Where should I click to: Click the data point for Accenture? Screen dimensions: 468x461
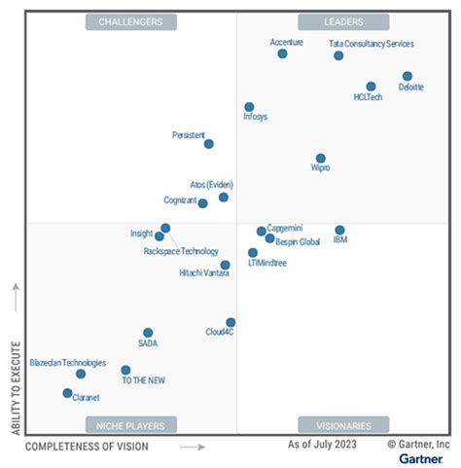pos(282,54)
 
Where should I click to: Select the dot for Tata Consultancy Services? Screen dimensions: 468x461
pos(338,55)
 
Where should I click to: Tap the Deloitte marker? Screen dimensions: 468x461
pos(407,76)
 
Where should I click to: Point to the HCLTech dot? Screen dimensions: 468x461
pos(371,87)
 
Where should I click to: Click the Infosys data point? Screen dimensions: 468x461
pos(249,107)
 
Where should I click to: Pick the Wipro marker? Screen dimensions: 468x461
pos(320,158)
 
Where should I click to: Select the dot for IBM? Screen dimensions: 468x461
pos(339,231)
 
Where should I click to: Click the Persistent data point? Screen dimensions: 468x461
pos(208,144)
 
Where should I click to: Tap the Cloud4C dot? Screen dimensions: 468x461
pos(230,322)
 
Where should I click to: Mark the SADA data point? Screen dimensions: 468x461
pos(148,333)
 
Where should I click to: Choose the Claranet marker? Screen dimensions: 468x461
pos(67,393)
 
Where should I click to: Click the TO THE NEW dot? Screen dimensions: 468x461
pos(125,370)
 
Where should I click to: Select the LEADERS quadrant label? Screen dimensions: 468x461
pos(343,21)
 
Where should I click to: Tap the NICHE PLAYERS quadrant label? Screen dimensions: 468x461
pos(131,425)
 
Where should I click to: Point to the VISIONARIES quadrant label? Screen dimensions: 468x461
pos(343,425)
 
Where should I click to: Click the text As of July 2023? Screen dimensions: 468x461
pos(321,445)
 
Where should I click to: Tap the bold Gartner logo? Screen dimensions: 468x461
pos(419,457)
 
